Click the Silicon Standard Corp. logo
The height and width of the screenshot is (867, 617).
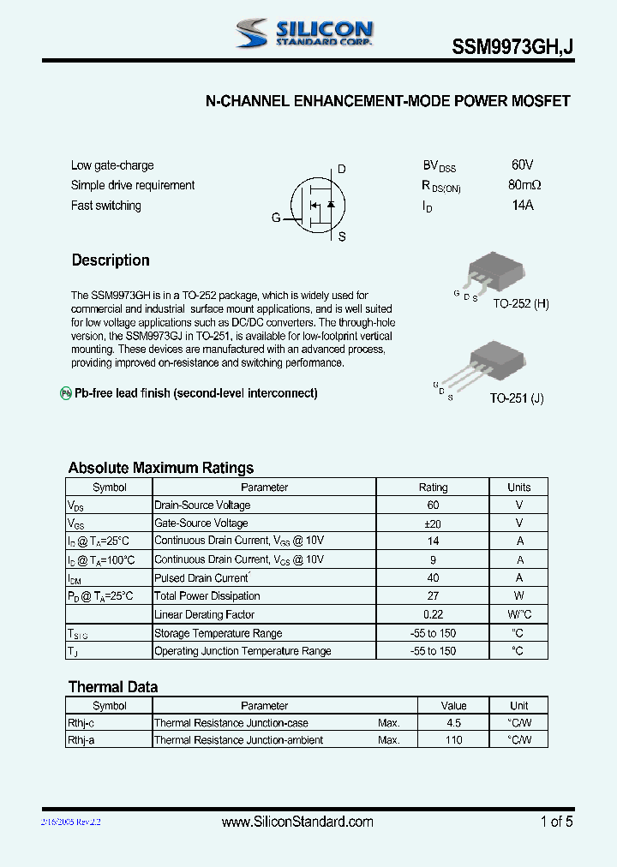pyautogui.click(x=304, y=33)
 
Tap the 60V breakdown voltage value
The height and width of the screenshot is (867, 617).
pyautogui.click(x=522, y=164)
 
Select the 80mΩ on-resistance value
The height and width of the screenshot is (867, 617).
pyautogui.click(x=524, y=185)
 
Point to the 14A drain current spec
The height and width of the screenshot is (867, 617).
pyautogui.click(x=522, y=206)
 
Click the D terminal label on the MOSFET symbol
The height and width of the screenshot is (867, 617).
pyautogui.click(x=341, y=169)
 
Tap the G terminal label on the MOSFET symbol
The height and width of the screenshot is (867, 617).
pyautogui.click(x=276, y=218)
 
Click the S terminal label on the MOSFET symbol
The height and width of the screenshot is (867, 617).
pyautogui.click(x=341, y=237)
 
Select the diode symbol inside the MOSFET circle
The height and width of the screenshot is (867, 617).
pyautogui.click(x=331, y=204)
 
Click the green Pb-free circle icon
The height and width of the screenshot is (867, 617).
pyautogui.click(x=65, y=393)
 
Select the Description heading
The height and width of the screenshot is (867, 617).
pyautogui.click(x=111, y=260)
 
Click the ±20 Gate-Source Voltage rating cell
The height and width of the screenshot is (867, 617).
pyautogui.click(x=433, y=523)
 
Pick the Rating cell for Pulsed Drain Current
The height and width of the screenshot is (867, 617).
pyautogui.click(x=433, y=578)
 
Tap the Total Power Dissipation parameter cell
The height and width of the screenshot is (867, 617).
pyautogui.click(x=207, y=596)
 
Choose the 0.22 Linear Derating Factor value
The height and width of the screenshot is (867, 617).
pyautogui.click(x=433, y=615)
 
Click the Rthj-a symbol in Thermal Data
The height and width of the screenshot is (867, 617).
pyautogui.click(x=81, y=740)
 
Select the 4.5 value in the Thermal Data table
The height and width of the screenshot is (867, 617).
pyautogui.click(x=453, y=723)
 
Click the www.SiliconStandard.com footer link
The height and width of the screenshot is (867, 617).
pyautogui.click(x=297, y=822)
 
